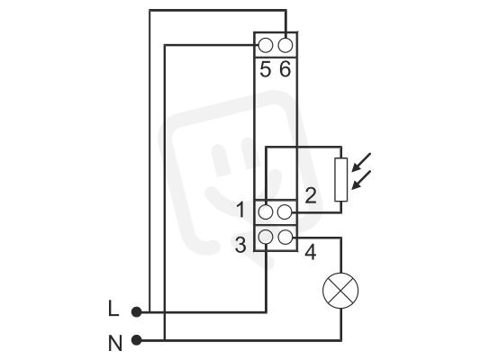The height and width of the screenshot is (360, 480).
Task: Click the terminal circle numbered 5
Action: tap(266, 45)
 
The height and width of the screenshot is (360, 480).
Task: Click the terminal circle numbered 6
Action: tap(285, 45)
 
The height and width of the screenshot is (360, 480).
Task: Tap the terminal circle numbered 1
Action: tap(266, 212)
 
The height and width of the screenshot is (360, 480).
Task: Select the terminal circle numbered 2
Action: tap(285, 212)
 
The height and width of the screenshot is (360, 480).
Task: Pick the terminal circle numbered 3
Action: tap(266, 237)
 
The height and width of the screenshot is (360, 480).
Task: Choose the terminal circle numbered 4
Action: tap(285, 237)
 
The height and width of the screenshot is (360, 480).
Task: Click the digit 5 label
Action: tap(266, 69)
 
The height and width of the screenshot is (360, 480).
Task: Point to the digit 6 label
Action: tap(285, 69)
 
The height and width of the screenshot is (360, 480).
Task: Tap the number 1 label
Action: tap(241, 210)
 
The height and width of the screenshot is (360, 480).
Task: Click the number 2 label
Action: tap(311, 196)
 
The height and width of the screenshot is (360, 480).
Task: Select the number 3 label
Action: tap(240, 245)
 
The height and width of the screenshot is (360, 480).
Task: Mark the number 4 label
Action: tap(311, 252)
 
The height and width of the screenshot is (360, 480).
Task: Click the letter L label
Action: tap(113, 309)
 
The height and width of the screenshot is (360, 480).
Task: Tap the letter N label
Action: tap(115, 343)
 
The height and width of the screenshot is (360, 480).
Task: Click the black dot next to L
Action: tap(137, 312)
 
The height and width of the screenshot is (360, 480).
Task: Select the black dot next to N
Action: tap(137, 340)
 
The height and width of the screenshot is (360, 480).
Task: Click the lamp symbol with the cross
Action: tap(340, 291)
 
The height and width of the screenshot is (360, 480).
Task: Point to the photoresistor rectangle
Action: tap(341, 179)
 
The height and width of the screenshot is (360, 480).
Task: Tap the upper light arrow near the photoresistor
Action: tap(361, 162)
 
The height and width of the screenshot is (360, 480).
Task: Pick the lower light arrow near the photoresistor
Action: tap(361, 180)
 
